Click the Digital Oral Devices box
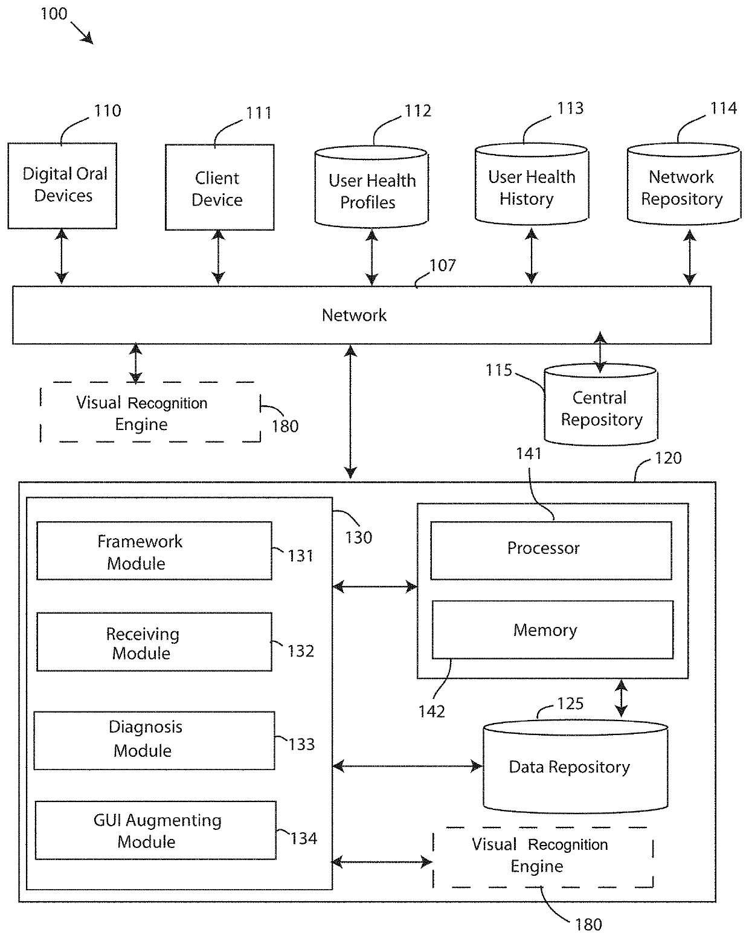(x=62, y=185)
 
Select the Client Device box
(x=219, y=187)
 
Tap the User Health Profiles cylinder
(x=371, y=188)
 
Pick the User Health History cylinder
(x=532, y=187)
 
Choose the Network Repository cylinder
(x=683, y=187)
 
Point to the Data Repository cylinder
(x=575, y=767)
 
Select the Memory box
(x=552, y=629)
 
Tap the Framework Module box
(x=154, y=551)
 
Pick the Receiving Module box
(x=154, y=642)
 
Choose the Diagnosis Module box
(x=154, y=740)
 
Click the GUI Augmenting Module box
(x=155, y=830)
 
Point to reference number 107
(x=443, y=266)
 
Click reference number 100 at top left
(x=53, y=13)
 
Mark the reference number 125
(x=570, y=704)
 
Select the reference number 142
(x=431, y=712)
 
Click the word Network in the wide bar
(x=354, y=315)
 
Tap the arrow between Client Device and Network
(x=219, y=257)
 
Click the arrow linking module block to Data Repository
(x=408, y=766)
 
